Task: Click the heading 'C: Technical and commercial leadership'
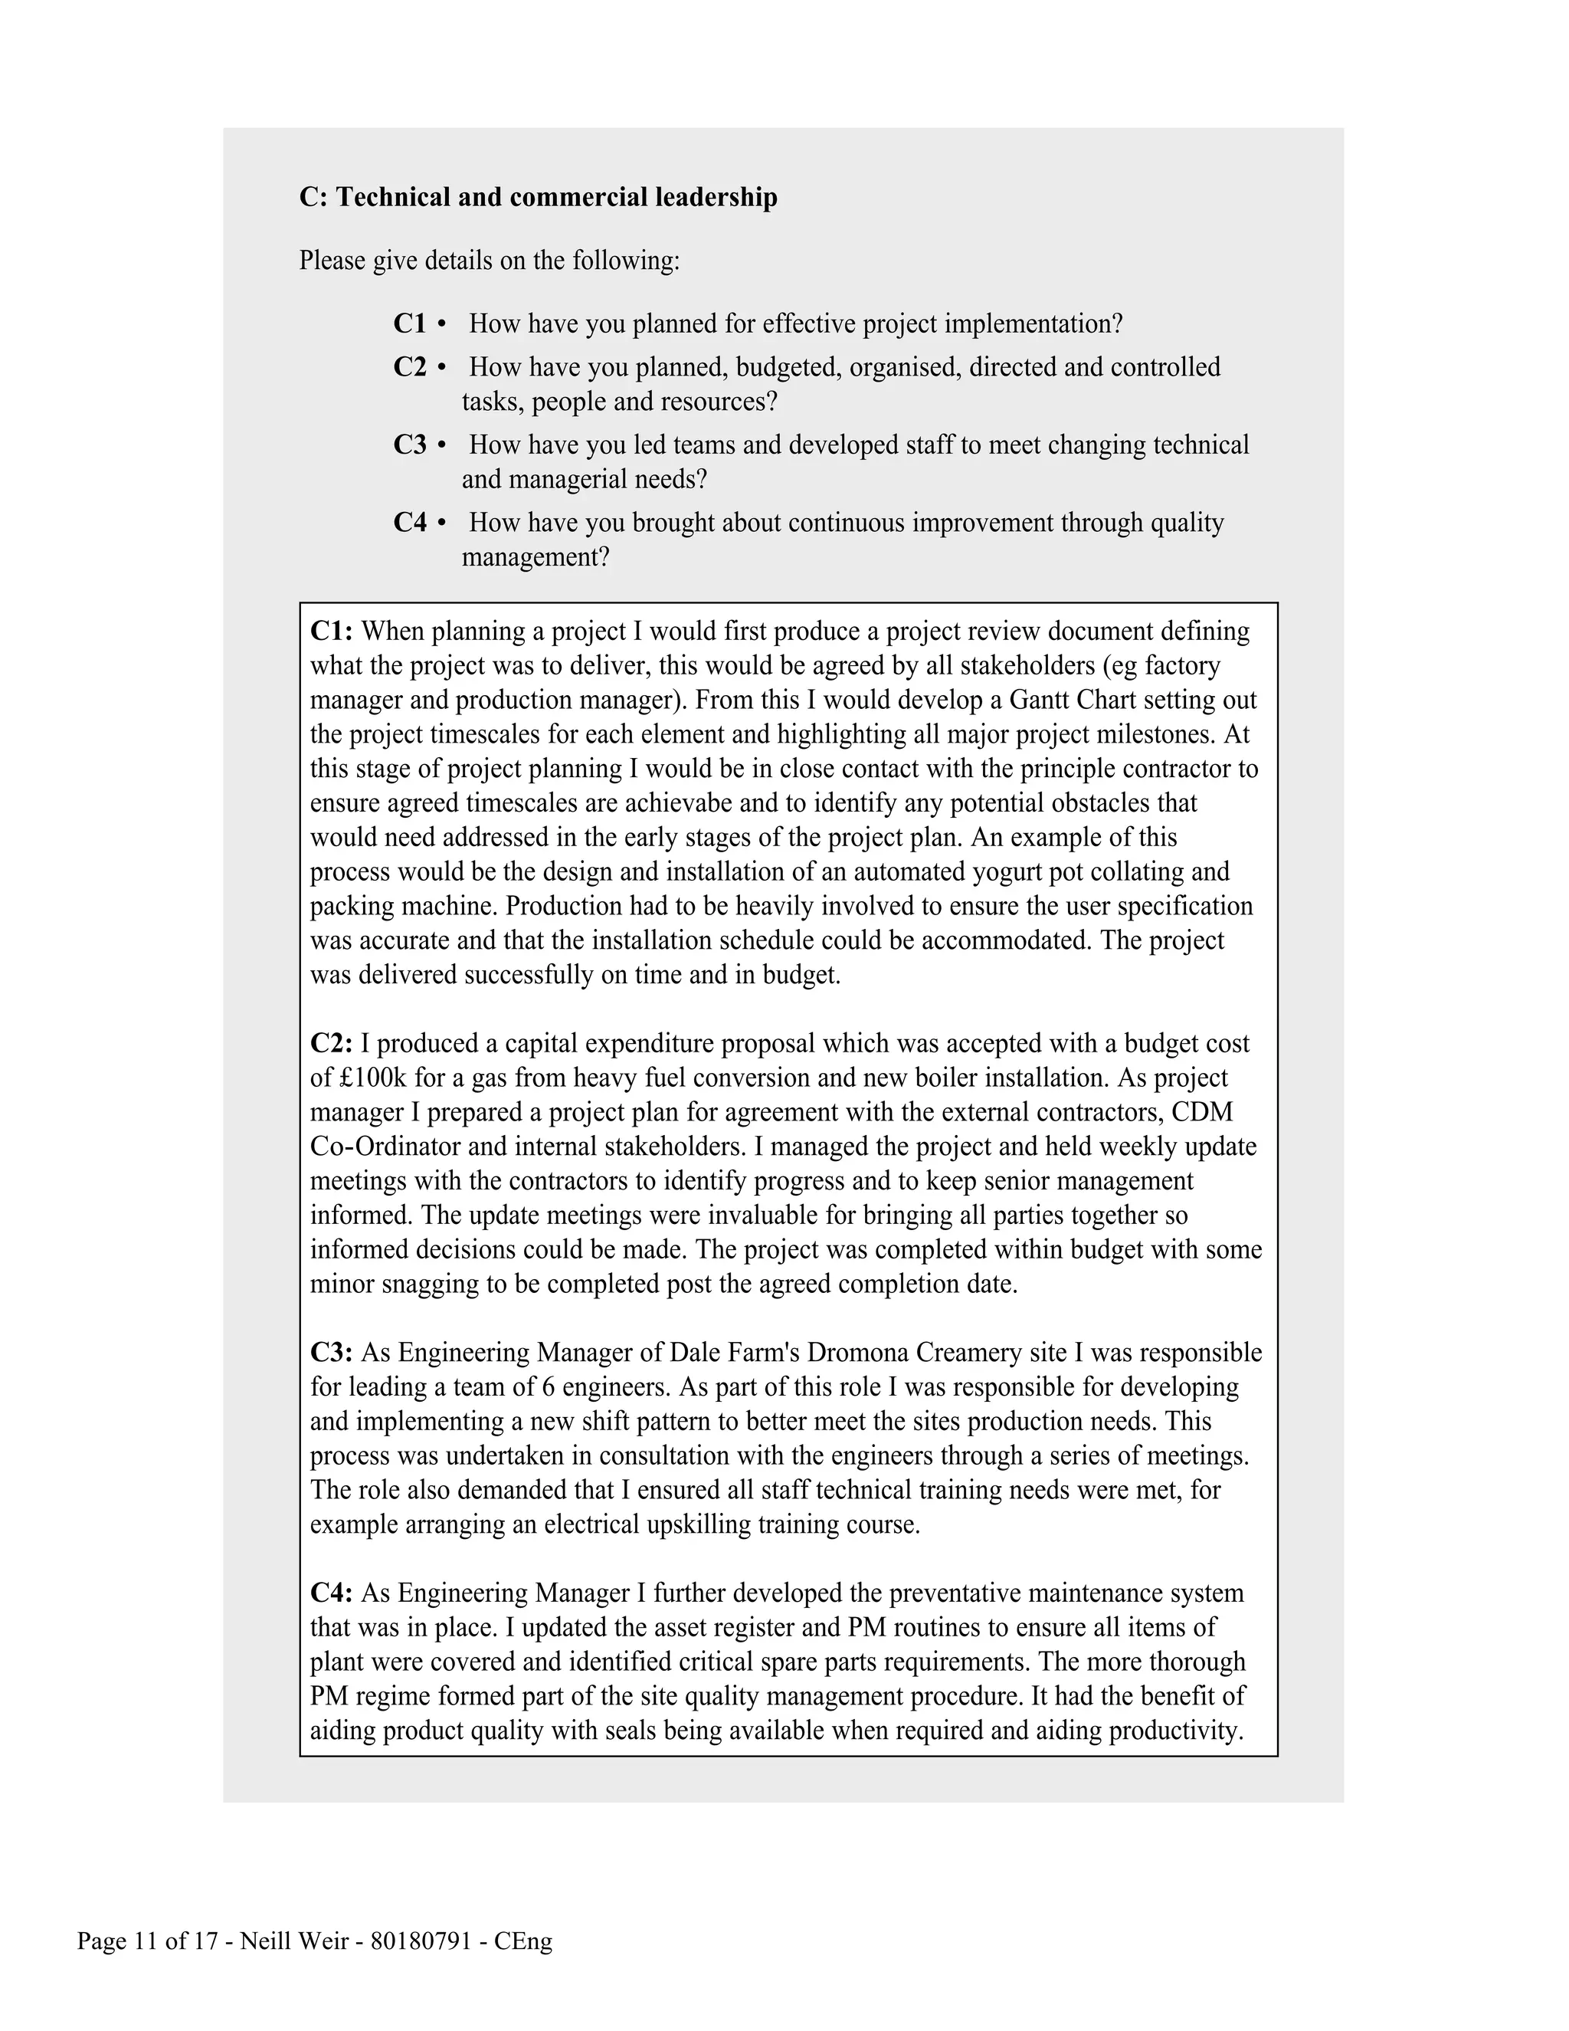click(538, 197)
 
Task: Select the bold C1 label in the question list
click(409, 323)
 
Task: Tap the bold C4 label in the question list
click(409, 523)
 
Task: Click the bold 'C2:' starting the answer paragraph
click(331, 1043)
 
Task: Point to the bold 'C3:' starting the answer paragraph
click(331, 1352)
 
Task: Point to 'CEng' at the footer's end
click(523, 1942)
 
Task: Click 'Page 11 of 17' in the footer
click(147, 1942)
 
